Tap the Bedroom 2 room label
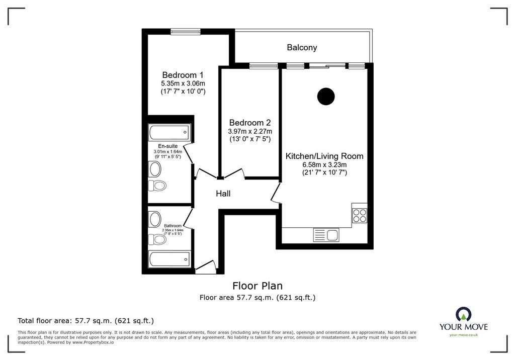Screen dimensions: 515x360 click(x=250, y=123)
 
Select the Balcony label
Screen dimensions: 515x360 click(x=302, y=47)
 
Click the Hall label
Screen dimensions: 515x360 click(x=223, y=194)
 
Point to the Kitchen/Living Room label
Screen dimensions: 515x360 click(x=324, y=156)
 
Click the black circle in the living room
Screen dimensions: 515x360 click(x=326, y=97)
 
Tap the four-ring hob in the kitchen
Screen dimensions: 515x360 click(x=359, y=216)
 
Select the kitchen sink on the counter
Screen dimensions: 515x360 click(x=326, y=235)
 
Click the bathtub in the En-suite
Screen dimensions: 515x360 click(x=169, y=132)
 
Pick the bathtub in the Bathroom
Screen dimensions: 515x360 click(x=169, y=259)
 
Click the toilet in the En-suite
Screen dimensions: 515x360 click(x=157, y=186)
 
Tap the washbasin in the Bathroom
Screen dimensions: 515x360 click(x=155, y=219)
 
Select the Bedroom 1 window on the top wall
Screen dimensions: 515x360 click(x=185, y=32)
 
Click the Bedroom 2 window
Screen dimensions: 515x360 click(x=264, y=66)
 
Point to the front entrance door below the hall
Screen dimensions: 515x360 click(x=206, y=267)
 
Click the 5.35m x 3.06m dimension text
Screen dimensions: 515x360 click(x=183, y=83)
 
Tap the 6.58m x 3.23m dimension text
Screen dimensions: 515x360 click(x=324, y=165)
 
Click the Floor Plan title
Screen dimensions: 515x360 click(x=257, y=286)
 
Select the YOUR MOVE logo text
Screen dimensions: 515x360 click(x=464, y=327)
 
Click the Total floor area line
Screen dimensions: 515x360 click(x=85, y=321)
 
